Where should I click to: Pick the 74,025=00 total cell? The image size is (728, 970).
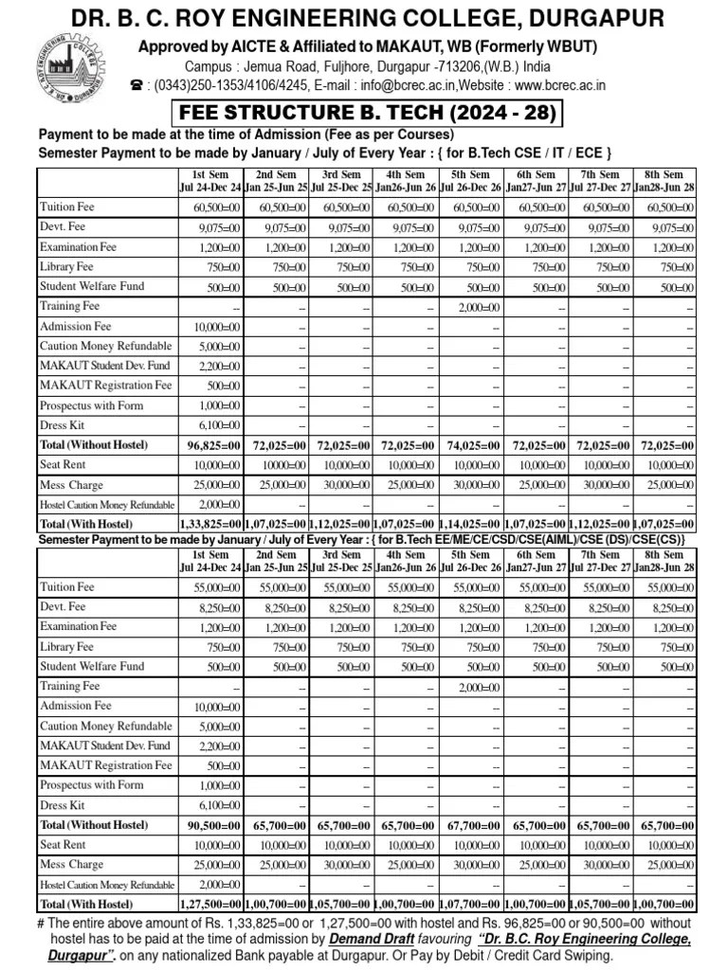point(472,445)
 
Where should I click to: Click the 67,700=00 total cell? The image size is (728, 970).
point(472,826)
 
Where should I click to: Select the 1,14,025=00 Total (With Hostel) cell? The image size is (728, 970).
point(471,524)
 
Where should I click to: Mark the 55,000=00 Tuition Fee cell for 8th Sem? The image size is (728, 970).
point(667,588)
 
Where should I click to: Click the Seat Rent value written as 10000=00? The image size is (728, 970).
point(278,465)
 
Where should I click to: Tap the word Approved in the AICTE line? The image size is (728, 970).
point(173,47)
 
